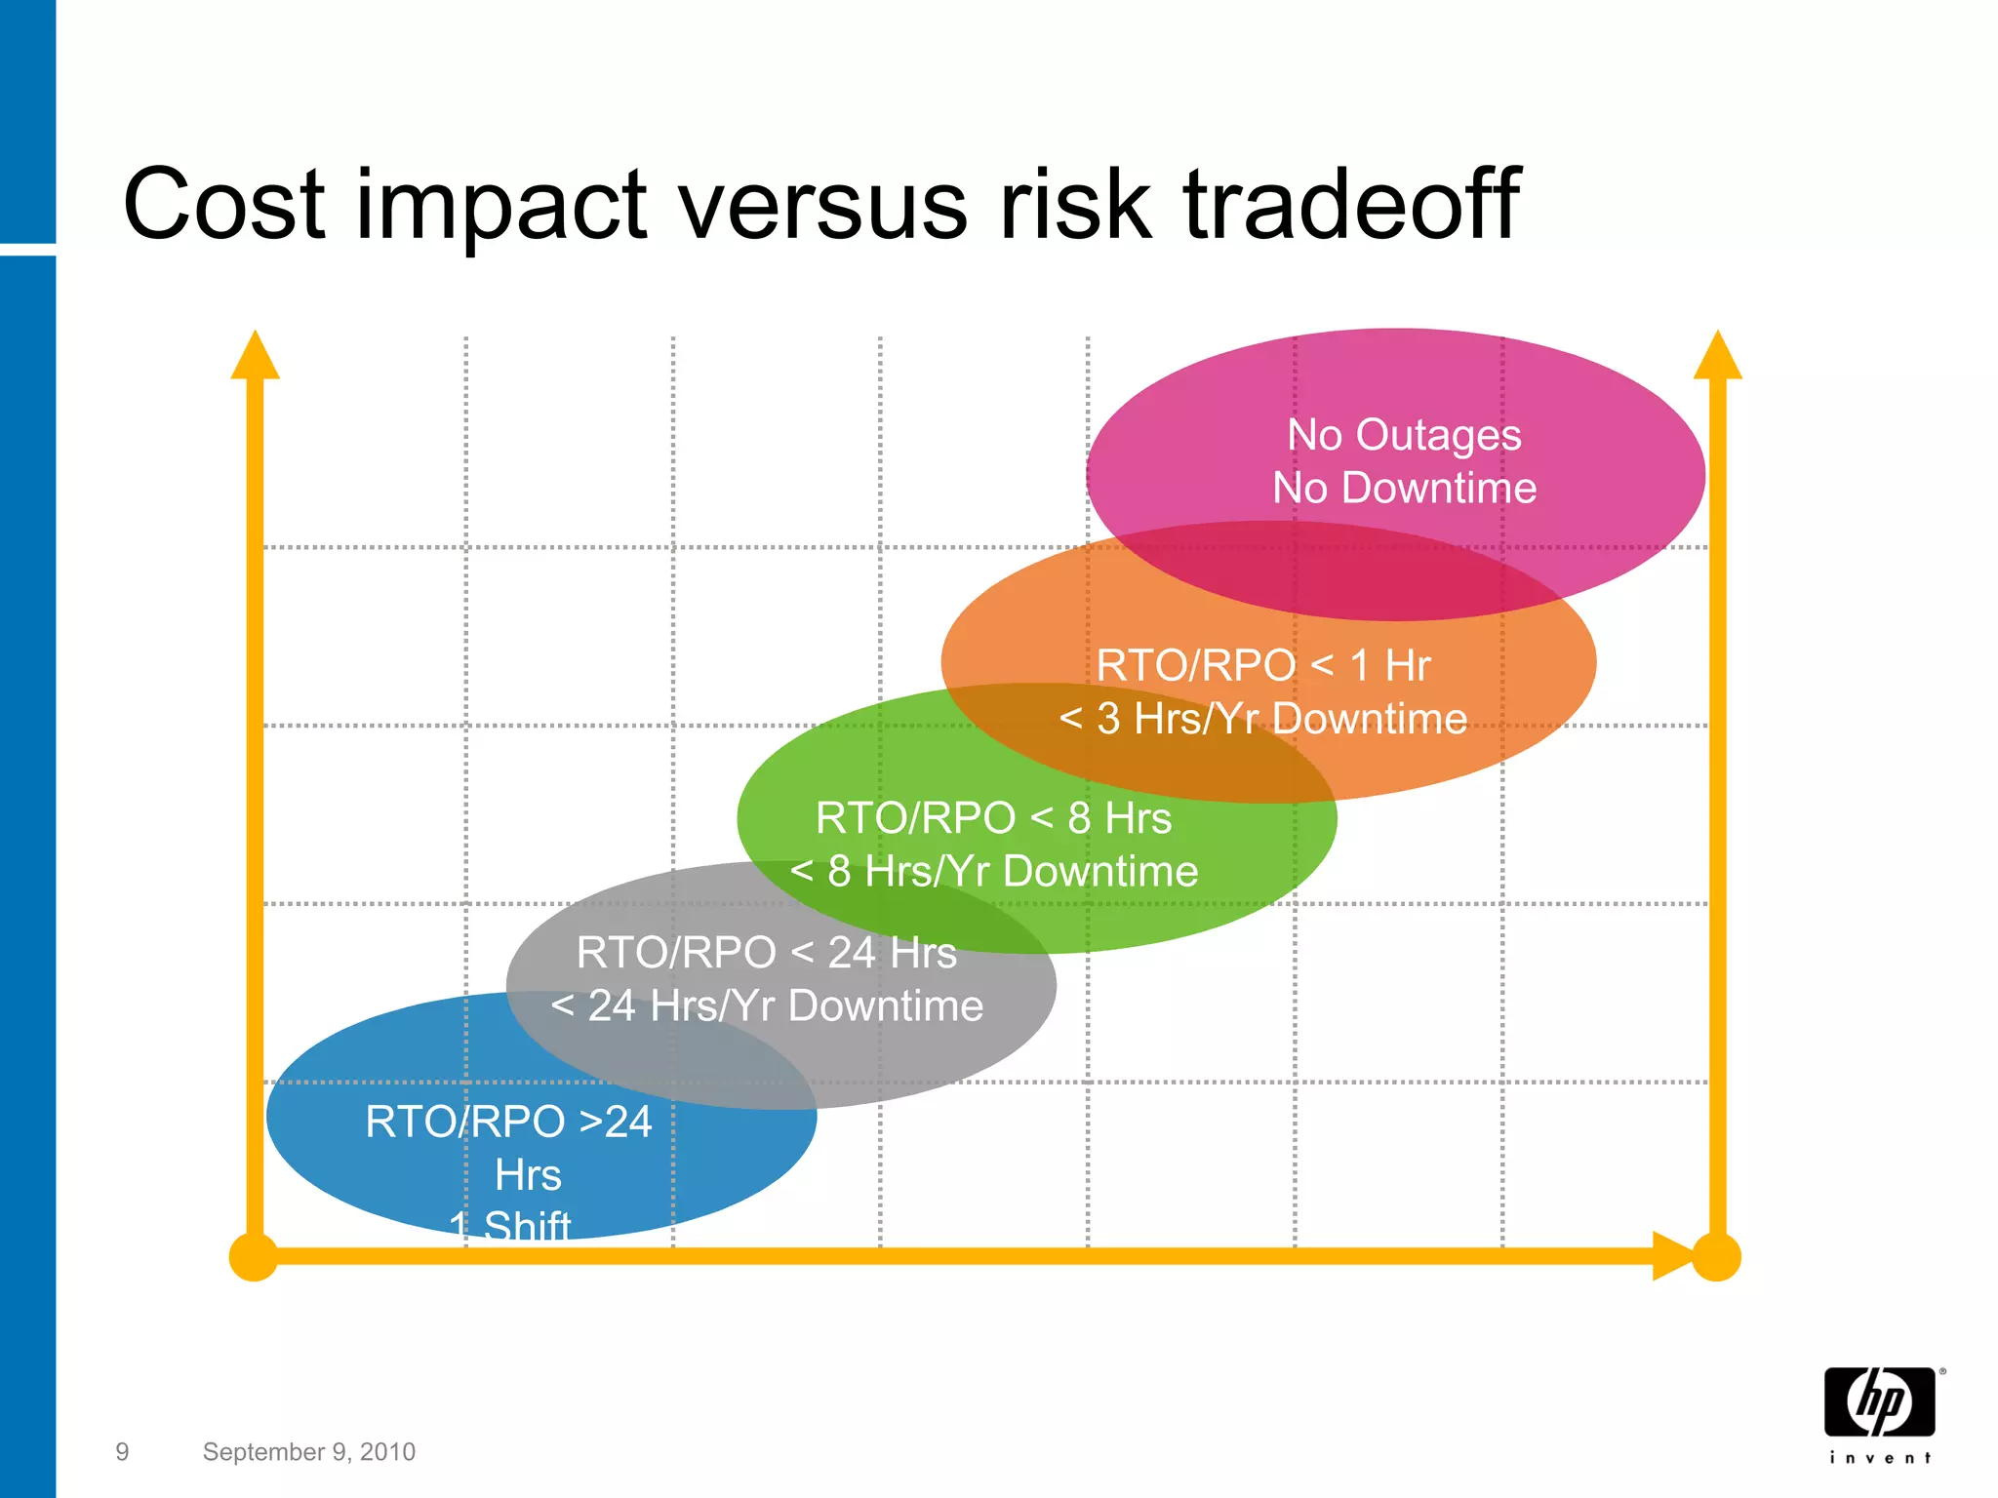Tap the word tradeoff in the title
(1351, 205)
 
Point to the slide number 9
(122, 1452)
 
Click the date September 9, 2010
(308, 1452)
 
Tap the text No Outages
(1404, 435)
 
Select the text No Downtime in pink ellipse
(1404, 488)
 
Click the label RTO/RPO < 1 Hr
(1263, 666)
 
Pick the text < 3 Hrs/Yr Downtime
(1263, 719)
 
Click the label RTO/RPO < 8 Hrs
(993, 818)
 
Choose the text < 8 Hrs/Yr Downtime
(993, 871)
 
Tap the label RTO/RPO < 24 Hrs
(766, 953)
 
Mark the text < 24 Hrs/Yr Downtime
(766, 1005)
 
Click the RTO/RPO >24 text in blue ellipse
(508, 1122)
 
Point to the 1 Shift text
(510, 1225)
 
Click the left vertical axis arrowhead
(255, 356)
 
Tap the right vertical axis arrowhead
(1717, 356)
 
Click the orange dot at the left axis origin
(254, 1257)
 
